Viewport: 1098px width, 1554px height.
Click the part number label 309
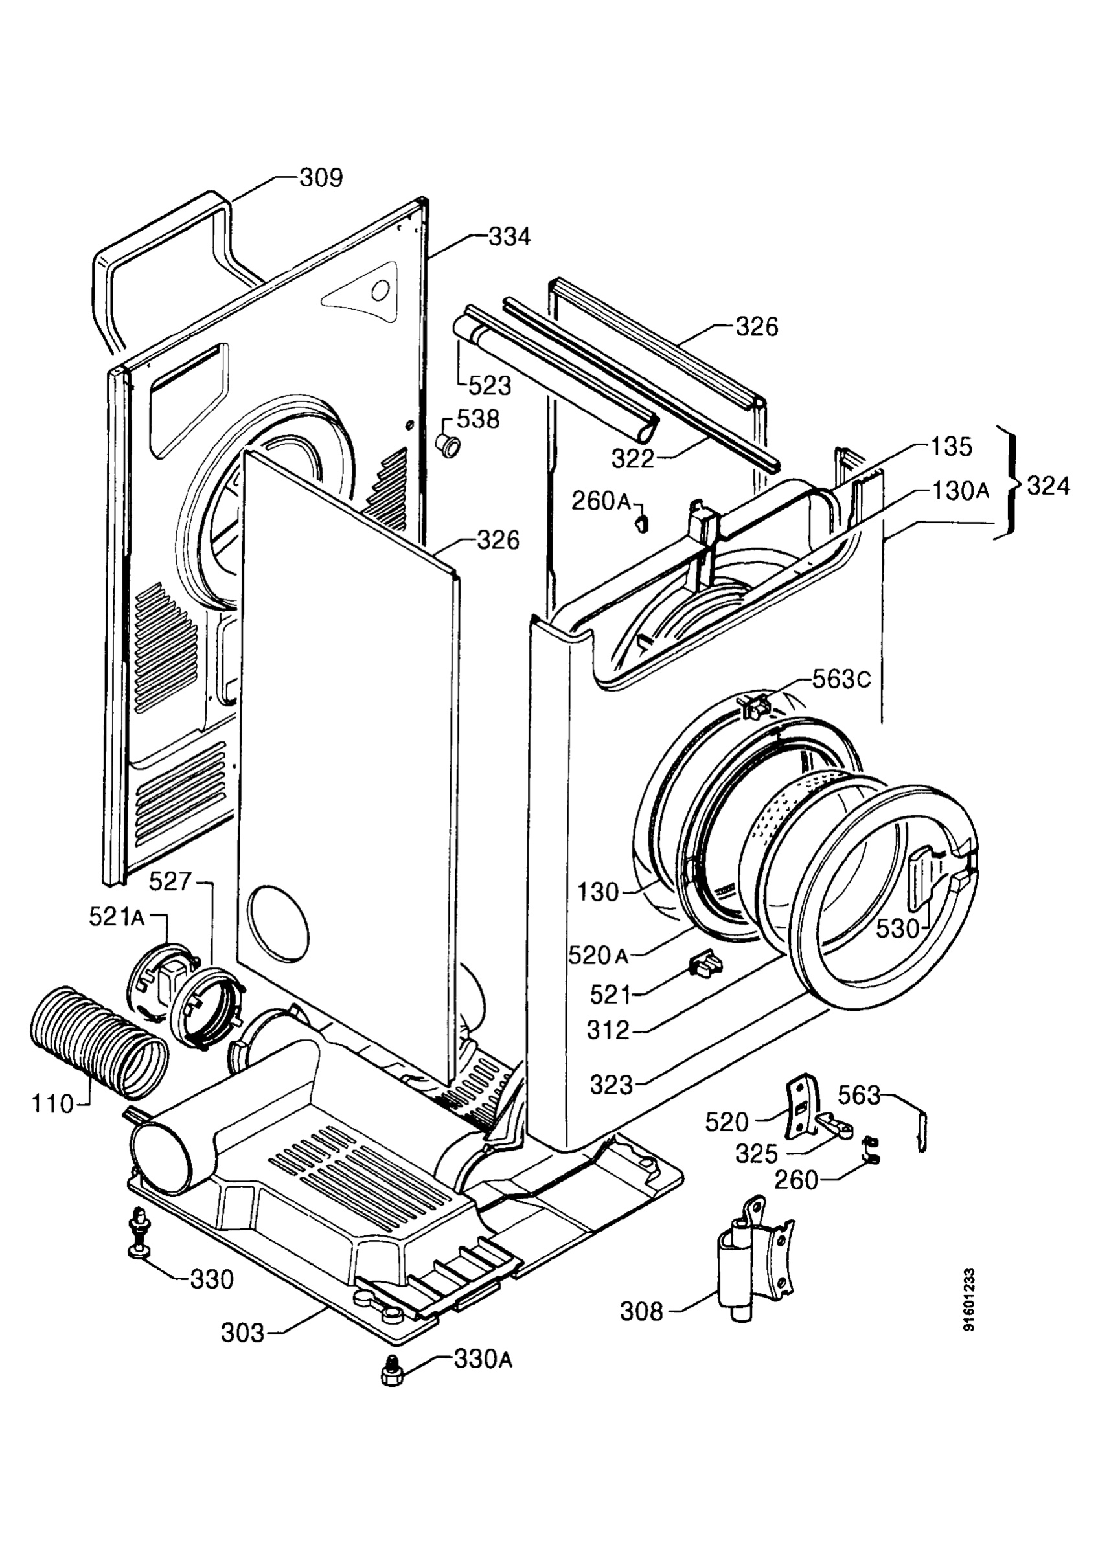pyautogui.click(x=321, y=178)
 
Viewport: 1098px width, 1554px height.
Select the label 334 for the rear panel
pyautogui.click(x=510, y=238)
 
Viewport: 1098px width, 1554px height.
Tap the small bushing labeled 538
pyautogui.click(x=448, y=447)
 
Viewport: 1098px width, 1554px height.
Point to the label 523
pyautogui.click(x=490, y=386)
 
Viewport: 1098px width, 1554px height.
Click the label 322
pyautogui.click(x=633, y=459)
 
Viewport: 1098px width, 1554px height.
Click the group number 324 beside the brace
pyautogui.click(x=1048, y=486)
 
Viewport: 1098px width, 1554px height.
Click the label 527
pyautogui.click(x=170, y=881)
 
